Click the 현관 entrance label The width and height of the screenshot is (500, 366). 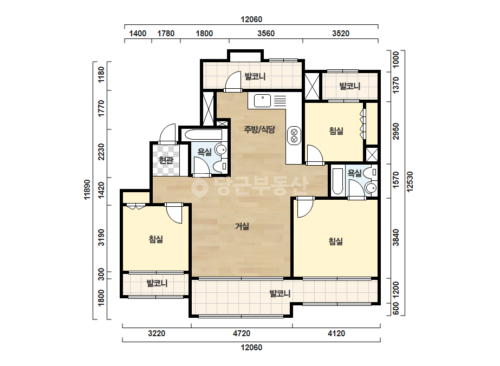pos(166,160)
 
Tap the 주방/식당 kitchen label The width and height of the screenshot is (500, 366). pos(259,129)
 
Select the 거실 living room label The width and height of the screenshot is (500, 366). pos(242,226)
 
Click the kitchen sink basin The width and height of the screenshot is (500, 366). pos(262,101)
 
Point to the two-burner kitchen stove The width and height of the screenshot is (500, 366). pos(294,135)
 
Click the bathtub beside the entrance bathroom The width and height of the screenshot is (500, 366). pos(203,134)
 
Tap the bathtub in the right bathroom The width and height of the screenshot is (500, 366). pos(337,181)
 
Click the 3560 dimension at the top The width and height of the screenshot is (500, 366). pos(266,34)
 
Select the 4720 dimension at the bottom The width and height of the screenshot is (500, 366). pos(242,334)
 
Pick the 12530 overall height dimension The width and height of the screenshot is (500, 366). pos(410,182)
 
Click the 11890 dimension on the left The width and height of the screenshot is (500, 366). pos(87,189)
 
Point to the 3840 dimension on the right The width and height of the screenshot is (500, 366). pos(396,238)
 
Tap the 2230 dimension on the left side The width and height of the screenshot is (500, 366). pos(101,152)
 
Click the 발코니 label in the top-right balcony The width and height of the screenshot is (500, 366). pos(350,86)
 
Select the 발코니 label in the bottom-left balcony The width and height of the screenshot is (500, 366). pos(157,283)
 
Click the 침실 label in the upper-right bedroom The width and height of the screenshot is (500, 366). pos(336,130)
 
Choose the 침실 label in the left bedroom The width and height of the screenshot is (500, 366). pos(156,239)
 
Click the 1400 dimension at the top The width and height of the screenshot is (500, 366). pos(138,34)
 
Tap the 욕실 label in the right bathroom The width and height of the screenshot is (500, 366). pos(354,173)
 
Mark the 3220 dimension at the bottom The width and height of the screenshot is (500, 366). pos(157,334)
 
